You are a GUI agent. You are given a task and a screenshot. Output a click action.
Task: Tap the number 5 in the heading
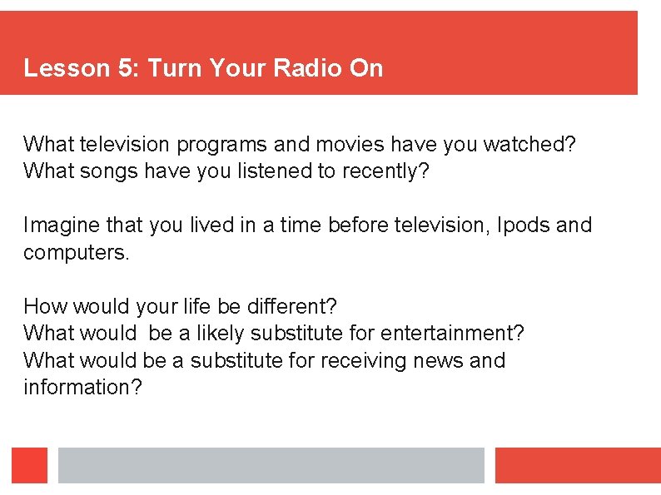coord(127,68)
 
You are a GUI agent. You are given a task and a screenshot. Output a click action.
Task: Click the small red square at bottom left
coord(30,465)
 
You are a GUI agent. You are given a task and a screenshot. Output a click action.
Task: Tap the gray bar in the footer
coord(271,465)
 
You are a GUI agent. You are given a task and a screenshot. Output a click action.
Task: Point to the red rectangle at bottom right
coord(578,465)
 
